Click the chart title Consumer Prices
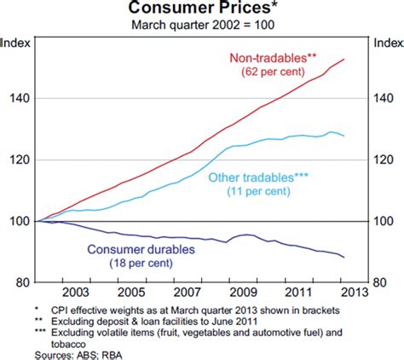click(201, 9)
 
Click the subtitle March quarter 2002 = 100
click(201, 24)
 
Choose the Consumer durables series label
click(136, 250)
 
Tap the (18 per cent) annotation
click(136, 265)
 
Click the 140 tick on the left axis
click(17, 99)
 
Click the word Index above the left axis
click(15, 40)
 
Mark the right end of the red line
click(343, 59)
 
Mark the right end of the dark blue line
click(343, 257)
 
